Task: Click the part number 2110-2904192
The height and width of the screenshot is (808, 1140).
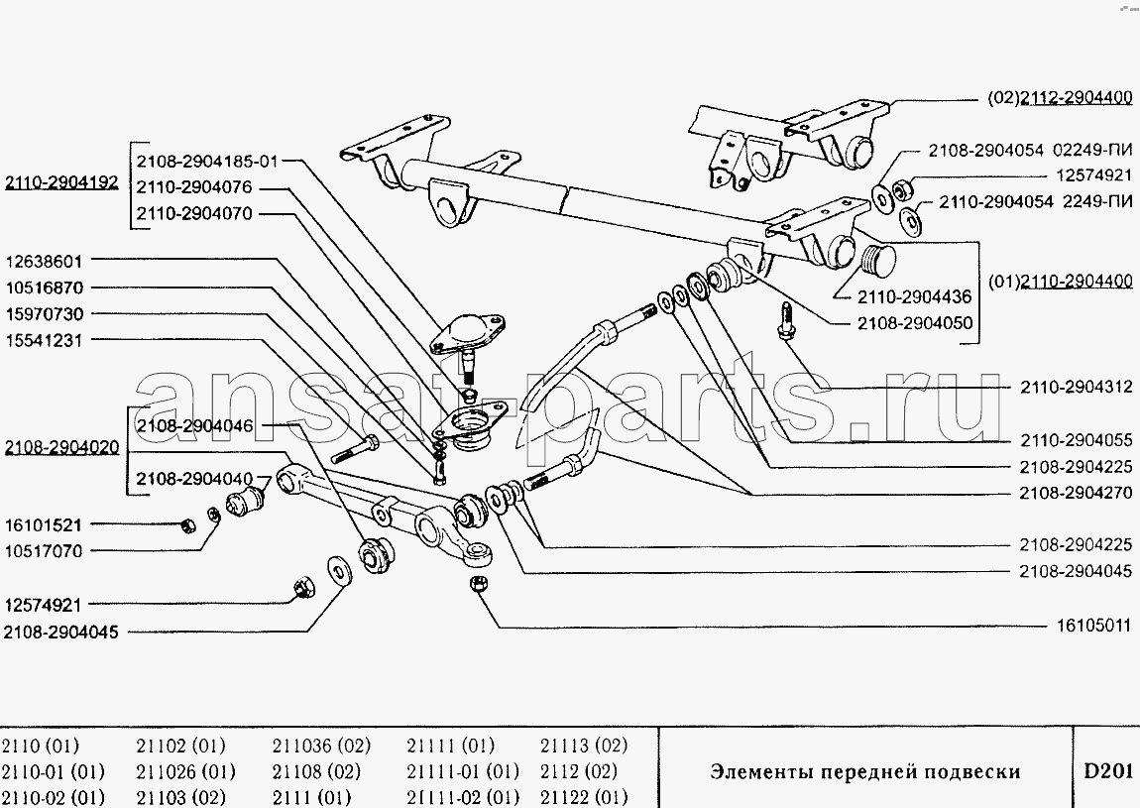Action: [x=61, y=181]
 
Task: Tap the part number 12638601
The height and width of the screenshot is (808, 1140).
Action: [x=45, y=261]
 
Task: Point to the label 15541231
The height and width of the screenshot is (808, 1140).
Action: [x=45, y=340]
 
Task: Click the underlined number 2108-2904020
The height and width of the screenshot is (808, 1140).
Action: [x=61, y=447]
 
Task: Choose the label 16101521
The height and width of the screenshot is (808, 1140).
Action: [x=44, y=524]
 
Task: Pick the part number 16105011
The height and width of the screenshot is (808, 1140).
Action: [x=1093, y=626]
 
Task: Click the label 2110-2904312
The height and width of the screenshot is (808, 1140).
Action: [x=1076, y=388]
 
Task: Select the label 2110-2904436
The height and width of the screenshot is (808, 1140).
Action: [x=915, y=296]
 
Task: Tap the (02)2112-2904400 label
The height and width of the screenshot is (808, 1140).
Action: [x=1060, y=97]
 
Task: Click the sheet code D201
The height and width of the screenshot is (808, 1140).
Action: [x=1108, y=770]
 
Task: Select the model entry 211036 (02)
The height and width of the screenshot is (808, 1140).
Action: [x=321, y=746]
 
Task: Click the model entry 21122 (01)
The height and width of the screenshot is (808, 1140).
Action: [x=584, y=797]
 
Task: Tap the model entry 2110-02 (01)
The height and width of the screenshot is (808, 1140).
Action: [x=53, y=797]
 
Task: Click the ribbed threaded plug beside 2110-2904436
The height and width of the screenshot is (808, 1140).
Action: [x=878, y=258]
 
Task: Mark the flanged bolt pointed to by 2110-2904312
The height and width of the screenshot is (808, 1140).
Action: [x=785, y=320]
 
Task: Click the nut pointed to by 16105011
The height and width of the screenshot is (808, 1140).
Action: [x=479, y=583]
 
